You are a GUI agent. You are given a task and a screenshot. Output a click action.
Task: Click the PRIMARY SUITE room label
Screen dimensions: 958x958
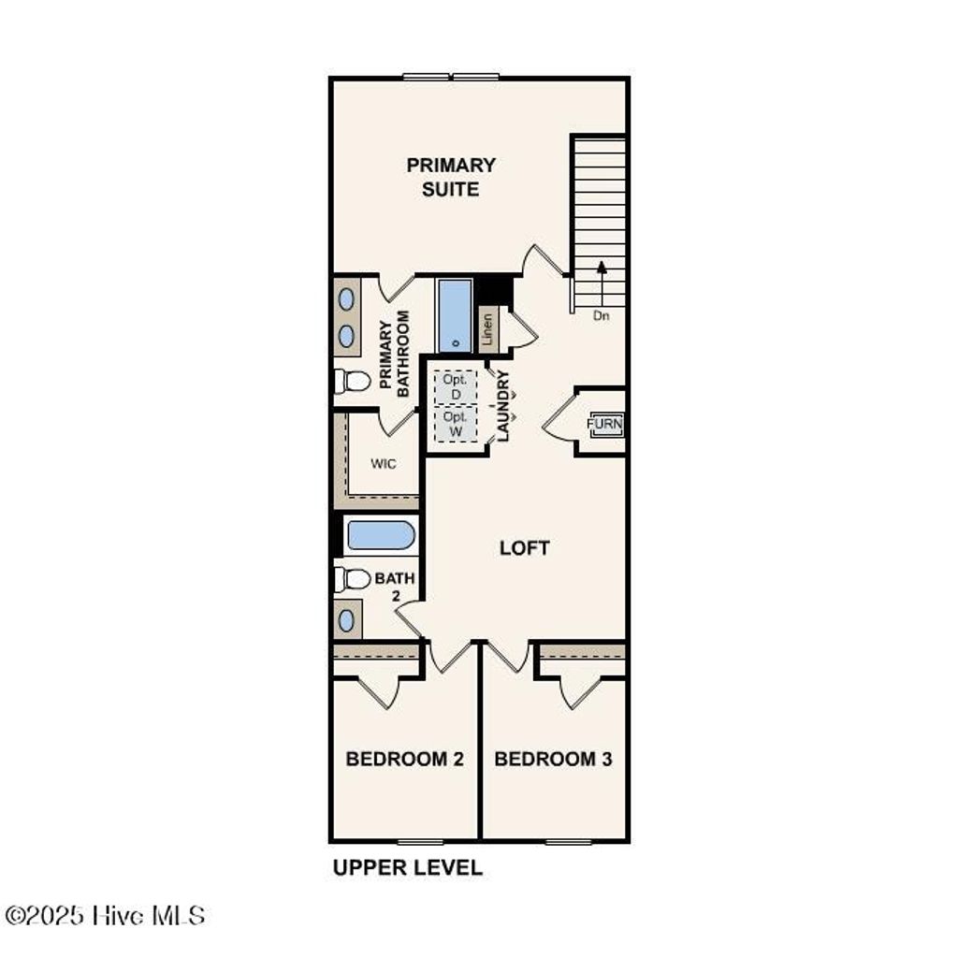[451, 177]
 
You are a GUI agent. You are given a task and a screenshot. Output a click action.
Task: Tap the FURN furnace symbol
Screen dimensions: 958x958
[603, 424]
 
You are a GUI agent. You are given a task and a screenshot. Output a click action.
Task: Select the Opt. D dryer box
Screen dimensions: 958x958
[454, 385]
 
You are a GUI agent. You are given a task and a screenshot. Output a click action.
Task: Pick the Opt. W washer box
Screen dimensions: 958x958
[455, 424]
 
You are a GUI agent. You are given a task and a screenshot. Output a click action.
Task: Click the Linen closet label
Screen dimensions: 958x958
[486, 330]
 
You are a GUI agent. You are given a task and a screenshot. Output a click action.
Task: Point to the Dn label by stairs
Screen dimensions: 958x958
[601, 316]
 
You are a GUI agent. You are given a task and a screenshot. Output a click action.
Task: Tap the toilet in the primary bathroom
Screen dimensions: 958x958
[352, 381]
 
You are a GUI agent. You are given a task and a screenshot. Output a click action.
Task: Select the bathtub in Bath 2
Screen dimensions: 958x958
[380, 536]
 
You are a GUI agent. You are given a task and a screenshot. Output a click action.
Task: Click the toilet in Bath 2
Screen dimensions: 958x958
[352, 579]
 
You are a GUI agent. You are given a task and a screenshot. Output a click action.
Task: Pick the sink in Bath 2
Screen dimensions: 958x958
[347, 619]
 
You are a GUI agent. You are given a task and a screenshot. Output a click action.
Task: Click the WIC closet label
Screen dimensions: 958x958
[384, 464]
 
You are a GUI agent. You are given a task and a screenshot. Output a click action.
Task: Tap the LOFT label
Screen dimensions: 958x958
[524, 548]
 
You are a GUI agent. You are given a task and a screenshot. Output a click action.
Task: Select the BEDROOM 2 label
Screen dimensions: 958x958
[405, 759]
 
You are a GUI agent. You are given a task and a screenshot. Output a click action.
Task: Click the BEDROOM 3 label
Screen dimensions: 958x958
[553, 759]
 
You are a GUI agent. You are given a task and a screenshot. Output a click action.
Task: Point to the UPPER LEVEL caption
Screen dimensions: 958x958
[408, 868]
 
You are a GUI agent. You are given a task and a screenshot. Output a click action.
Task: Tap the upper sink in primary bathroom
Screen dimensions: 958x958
[346, 300]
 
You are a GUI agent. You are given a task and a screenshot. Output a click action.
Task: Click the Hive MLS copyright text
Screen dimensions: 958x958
[104, 915]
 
